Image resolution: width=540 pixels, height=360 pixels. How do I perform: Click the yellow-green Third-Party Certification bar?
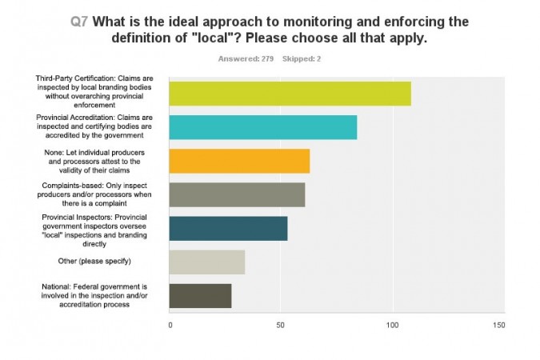tap(290, 94)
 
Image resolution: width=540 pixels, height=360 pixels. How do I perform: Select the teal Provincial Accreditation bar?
tap(262, 127)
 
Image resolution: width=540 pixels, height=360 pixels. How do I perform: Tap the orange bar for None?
tap(239, 161)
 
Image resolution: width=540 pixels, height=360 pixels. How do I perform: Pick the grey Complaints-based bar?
tap(237, 194)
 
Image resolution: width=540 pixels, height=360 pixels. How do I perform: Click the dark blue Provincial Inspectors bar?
tap(228, 228)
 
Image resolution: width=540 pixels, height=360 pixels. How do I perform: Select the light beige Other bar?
tap(207, 262)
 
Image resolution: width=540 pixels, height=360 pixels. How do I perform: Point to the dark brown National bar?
tap(200, 295)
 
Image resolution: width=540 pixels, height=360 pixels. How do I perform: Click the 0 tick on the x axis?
tap(170, 326)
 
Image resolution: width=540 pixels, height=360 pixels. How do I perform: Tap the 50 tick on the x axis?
tap(281, 326)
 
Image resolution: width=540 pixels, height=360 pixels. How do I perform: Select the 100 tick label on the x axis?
tap(392, 326)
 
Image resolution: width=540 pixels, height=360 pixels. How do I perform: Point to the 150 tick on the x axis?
tap(500, 326)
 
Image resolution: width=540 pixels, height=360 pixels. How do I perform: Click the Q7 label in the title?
tap(80, 22)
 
